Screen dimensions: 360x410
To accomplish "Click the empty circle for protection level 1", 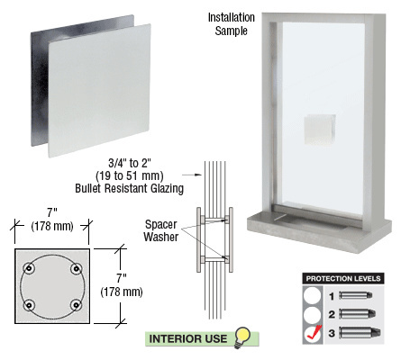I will pos(312,294).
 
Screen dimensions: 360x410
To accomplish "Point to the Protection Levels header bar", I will pos(345,277).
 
